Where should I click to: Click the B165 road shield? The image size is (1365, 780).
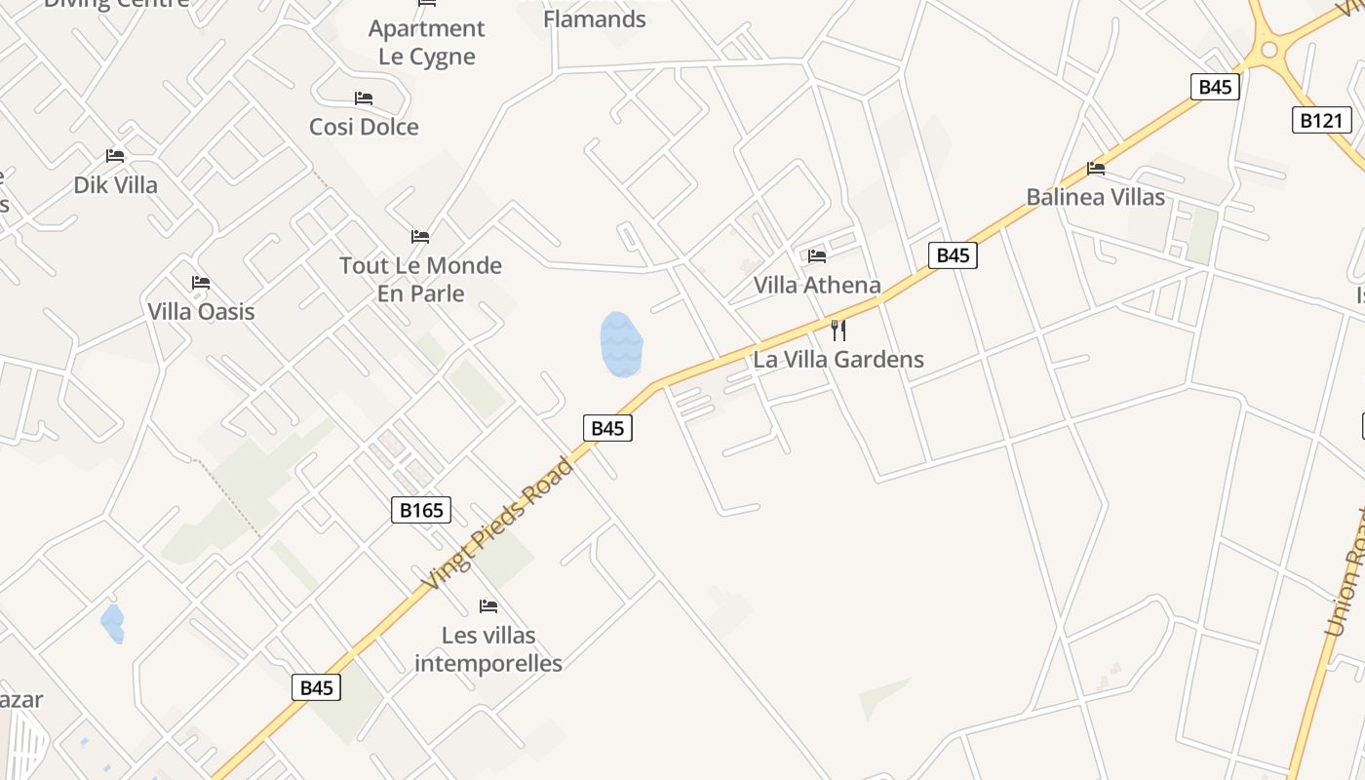(x=421, y=510)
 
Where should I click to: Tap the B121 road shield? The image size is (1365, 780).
(x=1322, y=121)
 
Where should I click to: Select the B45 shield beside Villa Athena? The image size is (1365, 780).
(x=952, y=255)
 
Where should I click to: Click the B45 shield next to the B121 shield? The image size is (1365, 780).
(x=1215, y=87)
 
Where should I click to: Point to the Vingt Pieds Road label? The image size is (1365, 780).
(x=498, y=524)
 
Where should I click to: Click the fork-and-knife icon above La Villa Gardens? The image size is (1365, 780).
(x=838, y=330)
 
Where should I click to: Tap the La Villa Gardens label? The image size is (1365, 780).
(x=838, y=359)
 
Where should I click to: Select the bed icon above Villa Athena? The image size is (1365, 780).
(x=817, y=255)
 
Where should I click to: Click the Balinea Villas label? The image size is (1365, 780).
(x=1095, y=197)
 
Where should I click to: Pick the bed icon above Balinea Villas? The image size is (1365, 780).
(x=1096, y=169)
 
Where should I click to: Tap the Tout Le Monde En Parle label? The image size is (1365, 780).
(x=420, y=279)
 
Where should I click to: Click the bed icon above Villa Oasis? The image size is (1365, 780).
(x=201, y=283)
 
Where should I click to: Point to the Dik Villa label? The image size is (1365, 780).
(x=115, y=184)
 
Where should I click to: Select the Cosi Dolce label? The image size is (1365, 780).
(x=364, y=127)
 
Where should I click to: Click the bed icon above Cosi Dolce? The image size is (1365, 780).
(x=364, y=98)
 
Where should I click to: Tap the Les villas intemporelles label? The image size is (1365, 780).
(x=488, y=649)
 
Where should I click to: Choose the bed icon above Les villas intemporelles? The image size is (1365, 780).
(x=488, y=606)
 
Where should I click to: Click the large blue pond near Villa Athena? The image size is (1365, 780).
(x=620, y=344)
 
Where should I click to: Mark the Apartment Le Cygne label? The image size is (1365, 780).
(x=426, y=42)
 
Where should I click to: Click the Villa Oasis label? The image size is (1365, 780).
(x=201, y=311)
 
